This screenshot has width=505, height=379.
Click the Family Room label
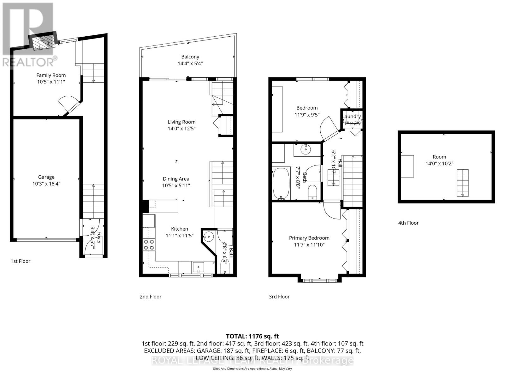point(51,75)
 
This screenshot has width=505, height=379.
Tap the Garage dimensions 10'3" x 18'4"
point(46,184)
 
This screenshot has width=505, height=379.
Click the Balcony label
point(190,57)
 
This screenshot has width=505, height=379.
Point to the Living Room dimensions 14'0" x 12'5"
point(181,129)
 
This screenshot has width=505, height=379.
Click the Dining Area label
point(176,179)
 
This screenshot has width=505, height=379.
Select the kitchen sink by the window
point(198,267)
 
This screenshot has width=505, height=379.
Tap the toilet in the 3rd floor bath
point(312,192)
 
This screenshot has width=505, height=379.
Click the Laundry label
point(352,117)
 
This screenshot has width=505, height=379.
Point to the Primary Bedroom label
point(309,238)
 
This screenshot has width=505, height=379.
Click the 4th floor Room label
point(439,157)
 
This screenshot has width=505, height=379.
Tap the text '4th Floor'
point(408,223)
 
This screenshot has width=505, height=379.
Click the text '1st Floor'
point(21,261)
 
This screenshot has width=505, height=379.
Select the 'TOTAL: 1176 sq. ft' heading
point(252,336)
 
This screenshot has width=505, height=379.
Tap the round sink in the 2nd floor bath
point(208,236)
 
